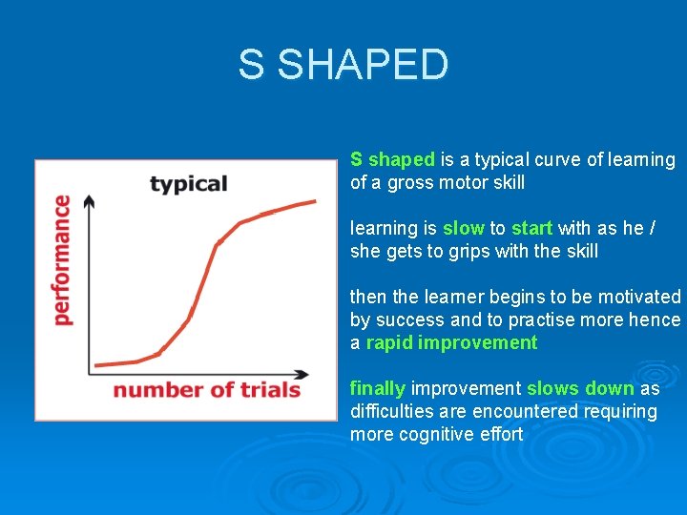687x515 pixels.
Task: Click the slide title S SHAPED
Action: [x=343, y=65]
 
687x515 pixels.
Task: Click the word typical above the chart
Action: [x=189, y=183]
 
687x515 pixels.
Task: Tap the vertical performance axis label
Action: [x=62, y=259]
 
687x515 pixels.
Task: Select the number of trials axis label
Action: [x=206, y=389]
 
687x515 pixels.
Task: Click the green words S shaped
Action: [x=392, y=159]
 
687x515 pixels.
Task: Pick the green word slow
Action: [x=463, y=228]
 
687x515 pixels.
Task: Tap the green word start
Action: [x=531, y=228]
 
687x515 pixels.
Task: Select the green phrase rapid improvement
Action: [x=451, y=342]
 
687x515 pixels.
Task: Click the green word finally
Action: [x=378, y=388]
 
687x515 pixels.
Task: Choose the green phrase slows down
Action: [x=580, y=388]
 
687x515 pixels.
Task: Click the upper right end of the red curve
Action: [x=315, y=201]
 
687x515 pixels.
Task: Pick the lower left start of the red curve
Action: [x=96, y=365]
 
